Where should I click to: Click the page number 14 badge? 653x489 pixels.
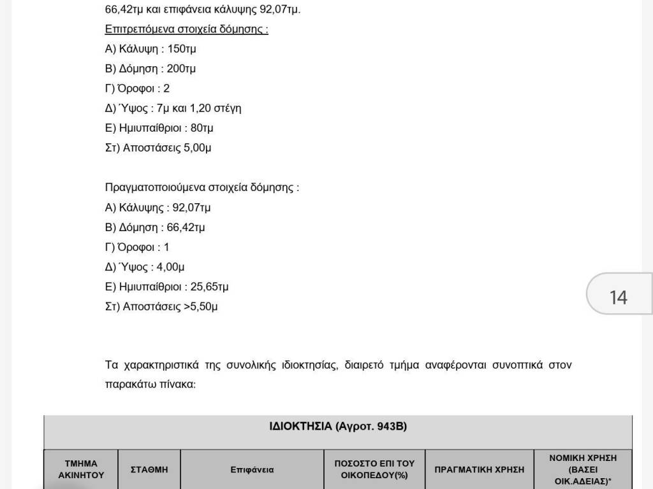point(618,297)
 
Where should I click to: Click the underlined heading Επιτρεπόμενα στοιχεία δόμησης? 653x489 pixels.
point(186,29)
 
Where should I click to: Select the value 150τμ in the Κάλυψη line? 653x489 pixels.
point(182,49)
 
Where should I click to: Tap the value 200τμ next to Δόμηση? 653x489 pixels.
point(181,69)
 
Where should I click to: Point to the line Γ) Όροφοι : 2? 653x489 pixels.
point(137,89)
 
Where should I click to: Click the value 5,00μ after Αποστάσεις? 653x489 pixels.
point(197,148)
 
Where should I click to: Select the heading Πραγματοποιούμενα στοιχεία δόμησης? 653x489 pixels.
point(202,188)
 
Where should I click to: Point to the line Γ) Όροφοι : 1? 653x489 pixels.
point(137,247)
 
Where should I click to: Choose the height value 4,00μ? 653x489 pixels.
point(170,267)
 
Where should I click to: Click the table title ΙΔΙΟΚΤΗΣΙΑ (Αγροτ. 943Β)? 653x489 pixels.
point(338,426)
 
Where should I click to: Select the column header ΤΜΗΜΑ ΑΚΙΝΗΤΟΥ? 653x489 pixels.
point(81,469)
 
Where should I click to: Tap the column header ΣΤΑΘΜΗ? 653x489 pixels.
point(149,469)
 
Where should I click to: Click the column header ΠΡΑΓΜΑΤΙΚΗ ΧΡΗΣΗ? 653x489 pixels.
point(480,469)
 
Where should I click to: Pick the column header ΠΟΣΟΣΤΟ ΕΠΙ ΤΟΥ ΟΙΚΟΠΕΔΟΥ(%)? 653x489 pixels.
point(374,469)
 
